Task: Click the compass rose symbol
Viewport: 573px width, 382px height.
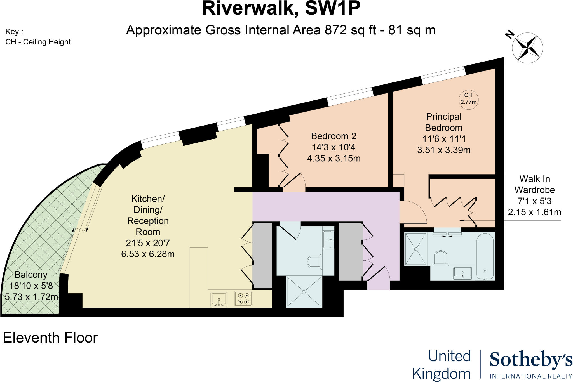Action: (527, 48)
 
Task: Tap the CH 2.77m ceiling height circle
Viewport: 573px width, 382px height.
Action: (468, 99)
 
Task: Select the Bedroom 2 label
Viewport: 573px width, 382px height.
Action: (334, 136)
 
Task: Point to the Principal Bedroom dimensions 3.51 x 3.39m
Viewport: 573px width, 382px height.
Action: (444, 150)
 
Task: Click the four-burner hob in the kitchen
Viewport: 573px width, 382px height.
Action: (243, 298)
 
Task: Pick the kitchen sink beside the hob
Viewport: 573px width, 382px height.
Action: (219, 299)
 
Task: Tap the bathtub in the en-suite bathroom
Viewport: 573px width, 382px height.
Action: (485, 256)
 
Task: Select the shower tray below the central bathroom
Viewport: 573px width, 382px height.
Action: (304, 292)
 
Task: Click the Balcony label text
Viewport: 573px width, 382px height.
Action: (31, 275)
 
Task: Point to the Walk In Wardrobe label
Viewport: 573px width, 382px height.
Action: (534, 185)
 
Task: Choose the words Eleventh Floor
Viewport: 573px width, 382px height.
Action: (50, 338)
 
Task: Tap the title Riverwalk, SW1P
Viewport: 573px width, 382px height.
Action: (281, 8)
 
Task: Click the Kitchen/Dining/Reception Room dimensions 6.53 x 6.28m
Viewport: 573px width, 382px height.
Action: (148, 254)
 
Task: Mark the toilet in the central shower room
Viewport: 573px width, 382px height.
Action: (315, 262)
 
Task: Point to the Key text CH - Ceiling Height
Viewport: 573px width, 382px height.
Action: (38, 42)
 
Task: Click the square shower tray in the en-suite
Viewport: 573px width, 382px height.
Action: (416, 249)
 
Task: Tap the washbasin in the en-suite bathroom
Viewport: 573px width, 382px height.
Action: (462, 272)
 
